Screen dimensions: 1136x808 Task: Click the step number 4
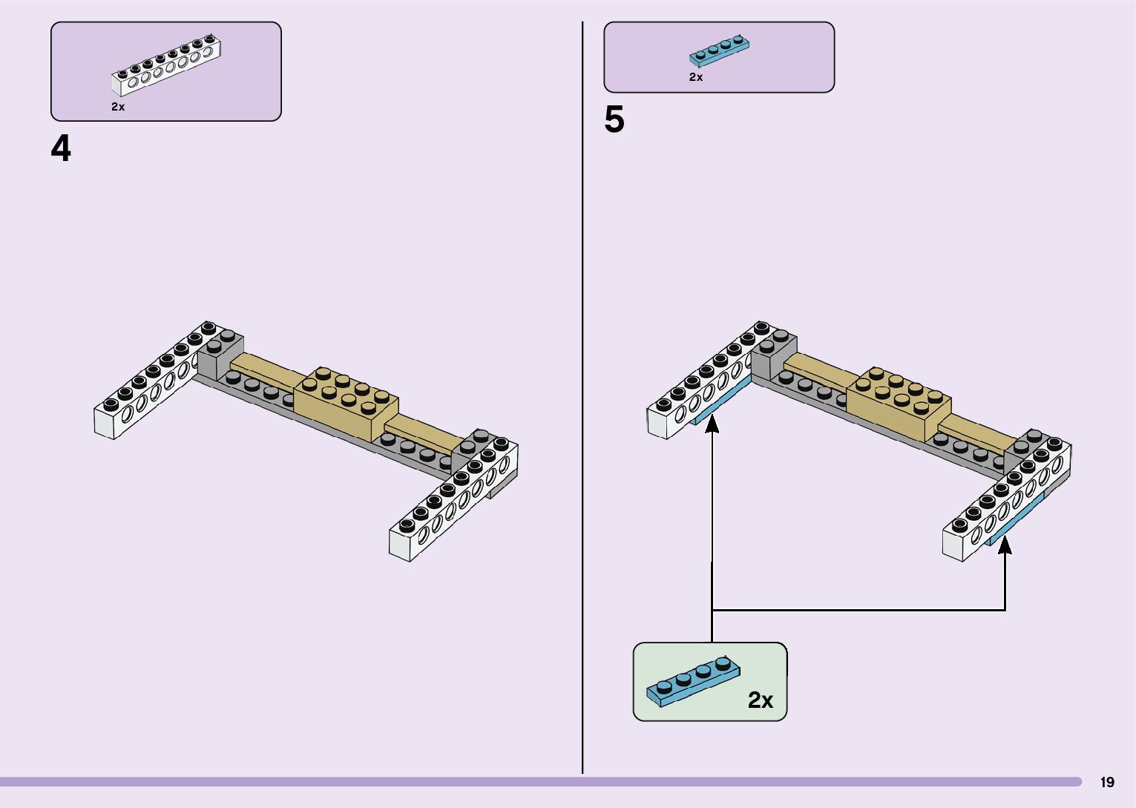(61, 149)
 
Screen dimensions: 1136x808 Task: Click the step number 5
(614, 120)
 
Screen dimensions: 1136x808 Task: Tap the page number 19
(1107, 782)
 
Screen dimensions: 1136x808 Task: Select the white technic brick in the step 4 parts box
(166, 65)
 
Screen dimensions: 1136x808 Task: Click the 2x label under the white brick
(118, 107)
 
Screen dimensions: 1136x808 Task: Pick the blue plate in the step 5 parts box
(718, 50)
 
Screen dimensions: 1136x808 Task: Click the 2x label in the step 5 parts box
(695, 77)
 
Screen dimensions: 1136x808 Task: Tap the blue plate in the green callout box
(692, 681)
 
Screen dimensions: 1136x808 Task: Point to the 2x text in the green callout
(761, 700)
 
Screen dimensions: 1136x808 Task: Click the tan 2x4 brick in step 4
(346, 404)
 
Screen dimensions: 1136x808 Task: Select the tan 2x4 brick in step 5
(899, 404)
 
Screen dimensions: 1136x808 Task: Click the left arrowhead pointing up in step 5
(712, 424)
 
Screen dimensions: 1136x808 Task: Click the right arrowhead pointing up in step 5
(1005, 545)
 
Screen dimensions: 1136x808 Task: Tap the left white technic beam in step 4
(152, 382)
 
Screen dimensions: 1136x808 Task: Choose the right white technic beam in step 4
(453, 501)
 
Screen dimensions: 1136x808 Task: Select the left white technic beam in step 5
(705, 382)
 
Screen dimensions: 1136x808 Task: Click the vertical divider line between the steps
(582, 401)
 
